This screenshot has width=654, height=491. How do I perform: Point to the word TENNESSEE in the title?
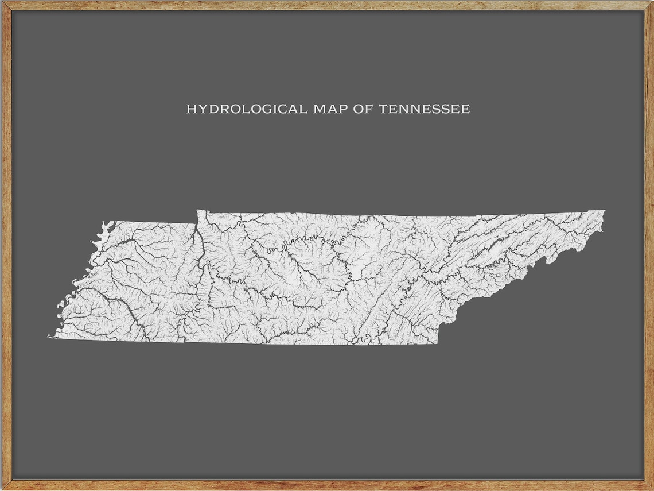pyautogui.click(x=425, y=109)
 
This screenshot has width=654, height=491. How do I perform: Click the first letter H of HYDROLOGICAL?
pyautogui.click(x=190, y=109)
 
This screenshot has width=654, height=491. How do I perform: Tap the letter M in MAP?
pyautogui.click(x=318, y=109)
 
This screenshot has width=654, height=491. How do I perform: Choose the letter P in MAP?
pyautogui.click(x=342, y=109)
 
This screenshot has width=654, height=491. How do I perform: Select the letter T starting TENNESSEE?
pyautogui.click(x=383, y=109)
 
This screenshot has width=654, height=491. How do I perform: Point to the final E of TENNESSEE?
pyautogui.click(x=466, y=109)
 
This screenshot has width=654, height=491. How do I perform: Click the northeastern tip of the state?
pyautogui.click(x=604, y=211)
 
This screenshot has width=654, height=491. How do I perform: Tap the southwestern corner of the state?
pyautogui.click(x=49, y=337)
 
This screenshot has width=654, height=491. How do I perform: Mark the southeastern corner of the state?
pyautogui.click(x=438, y=343)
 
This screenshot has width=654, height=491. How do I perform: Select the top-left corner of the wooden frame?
pyautogui.click(x=2, y=2)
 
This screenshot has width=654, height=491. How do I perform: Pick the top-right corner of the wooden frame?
pyautogui.click(x=652, y=2)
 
